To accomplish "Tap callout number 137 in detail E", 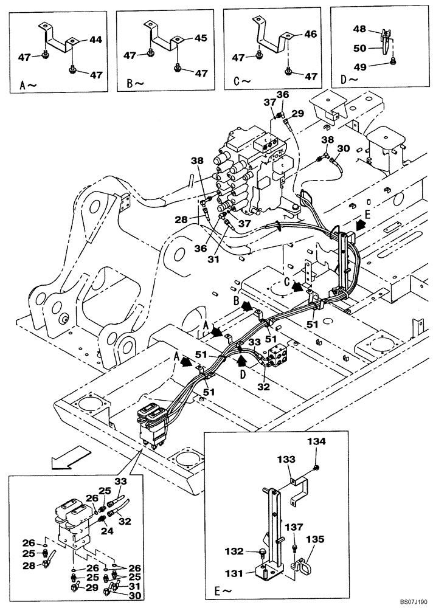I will click(x=295, y=527).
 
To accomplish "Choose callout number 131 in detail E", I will click(x=234, y=572).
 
